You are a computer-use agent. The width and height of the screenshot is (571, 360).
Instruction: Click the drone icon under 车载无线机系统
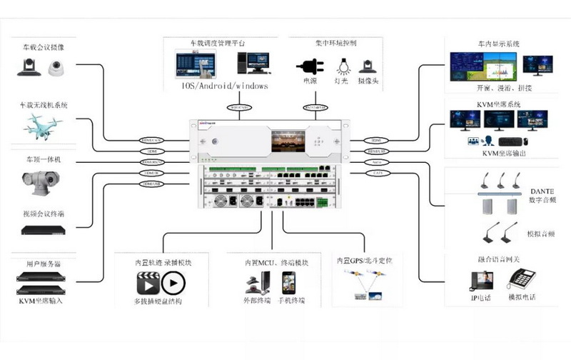[44, 126]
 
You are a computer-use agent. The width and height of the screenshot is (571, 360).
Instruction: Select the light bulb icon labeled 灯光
[343, 66]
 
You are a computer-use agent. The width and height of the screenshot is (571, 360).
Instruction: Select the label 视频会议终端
[44, 213]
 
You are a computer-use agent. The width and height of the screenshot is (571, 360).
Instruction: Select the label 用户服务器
[44, 264]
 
